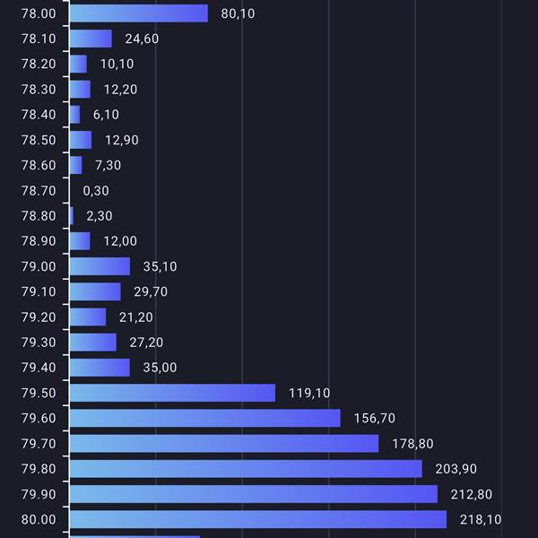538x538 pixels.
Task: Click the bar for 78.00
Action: (138, 13)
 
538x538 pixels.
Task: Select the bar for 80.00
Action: (257, 519)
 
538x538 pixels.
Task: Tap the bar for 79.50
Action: (172, 393)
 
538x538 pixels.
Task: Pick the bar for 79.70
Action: (224, 443)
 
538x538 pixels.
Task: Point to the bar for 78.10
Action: (91, 39)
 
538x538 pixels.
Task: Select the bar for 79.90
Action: (253, 494)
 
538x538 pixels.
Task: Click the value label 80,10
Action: (238, 13)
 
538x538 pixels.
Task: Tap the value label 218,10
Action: (481, 519)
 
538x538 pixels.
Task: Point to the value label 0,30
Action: (96, 190)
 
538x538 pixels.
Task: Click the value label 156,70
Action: (374, 418)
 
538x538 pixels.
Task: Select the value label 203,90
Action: (456, 469)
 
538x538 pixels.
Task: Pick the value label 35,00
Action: (160, 368)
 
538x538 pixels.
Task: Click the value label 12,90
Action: (121, 140)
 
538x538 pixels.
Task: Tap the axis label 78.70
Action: (38, 190)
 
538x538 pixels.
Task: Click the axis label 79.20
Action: (38, 317)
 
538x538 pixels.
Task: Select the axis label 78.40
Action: (38, 115)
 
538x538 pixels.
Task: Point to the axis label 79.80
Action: (38, 469)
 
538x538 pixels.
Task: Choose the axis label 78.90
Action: (38, 241)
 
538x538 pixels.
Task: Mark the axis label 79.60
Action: (38, 418)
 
